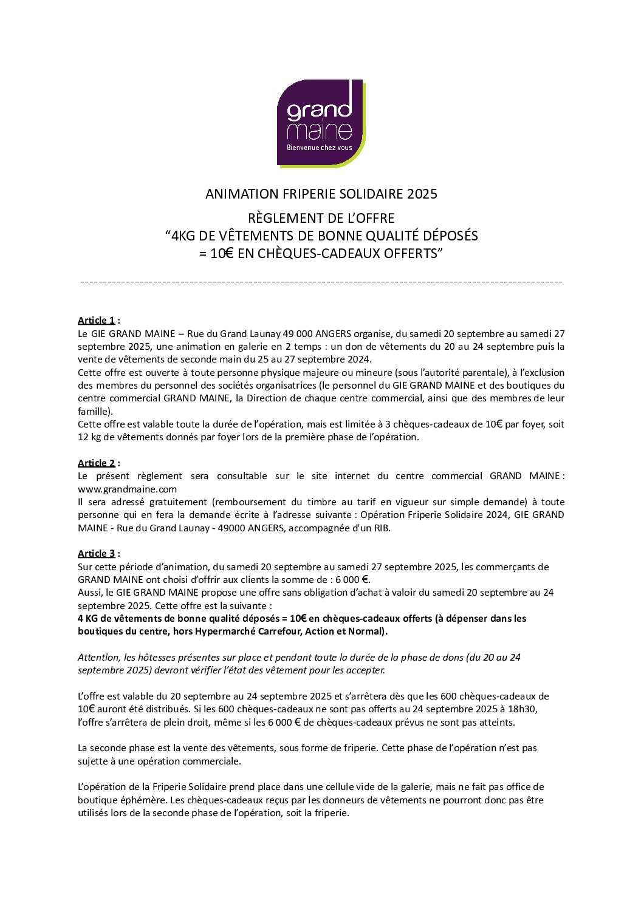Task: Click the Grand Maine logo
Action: [321, 123]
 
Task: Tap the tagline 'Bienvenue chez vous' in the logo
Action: [319, 148]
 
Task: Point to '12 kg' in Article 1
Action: [89, 437]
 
